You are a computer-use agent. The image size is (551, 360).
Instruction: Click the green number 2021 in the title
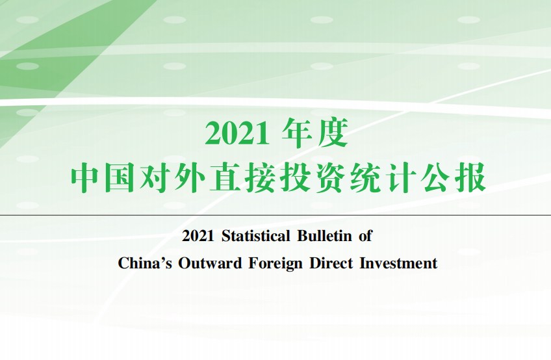[x=237, y=134]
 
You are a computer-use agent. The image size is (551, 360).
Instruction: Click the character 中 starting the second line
[x=86, y=177]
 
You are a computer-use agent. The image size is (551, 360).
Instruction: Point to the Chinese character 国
[x=120, y=177]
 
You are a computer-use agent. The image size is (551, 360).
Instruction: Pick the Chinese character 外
[x=190, y=177]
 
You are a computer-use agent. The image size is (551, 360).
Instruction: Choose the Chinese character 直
[x=225, y=177]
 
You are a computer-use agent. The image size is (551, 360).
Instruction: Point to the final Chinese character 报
[x=471, y=177]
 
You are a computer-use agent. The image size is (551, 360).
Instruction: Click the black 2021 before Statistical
[x=198, y=236]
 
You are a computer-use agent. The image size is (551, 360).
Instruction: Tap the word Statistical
[x=256, y=236]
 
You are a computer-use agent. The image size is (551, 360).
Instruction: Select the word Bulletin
[x=325, y=236]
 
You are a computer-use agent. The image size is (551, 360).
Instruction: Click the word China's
[x=145, y=263]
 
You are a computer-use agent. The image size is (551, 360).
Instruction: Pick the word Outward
[x=210, y=263]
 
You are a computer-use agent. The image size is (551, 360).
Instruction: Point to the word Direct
[x=331, y=263]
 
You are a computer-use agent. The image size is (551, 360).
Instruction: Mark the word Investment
[x=398, y=263]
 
